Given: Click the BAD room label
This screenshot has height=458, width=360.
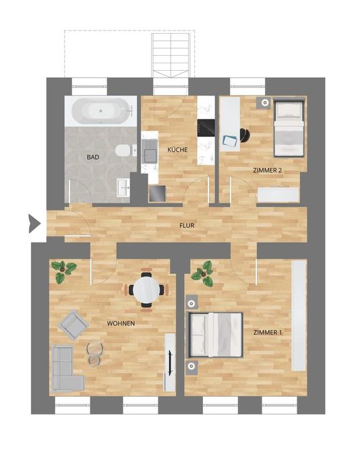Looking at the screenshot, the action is [93, 157].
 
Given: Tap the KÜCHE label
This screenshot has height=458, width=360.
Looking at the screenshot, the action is [177, 150].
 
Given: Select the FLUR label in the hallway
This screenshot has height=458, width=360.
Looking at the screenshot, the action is [187, 226].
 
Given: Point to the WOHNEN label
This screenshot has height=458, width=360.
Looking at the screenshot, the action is [121, 323].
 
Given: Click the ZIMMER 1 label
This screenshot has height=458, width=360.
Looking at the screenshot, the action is [268, 333].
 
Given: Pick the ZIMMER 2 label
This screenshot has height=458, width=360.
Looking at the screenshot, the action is [267, 170].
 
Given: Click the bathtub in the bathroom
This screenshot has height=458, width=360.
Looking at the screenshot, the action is [100, 111].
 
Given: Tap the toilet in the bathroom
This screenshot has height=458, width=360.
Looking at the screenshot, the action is [123, 150].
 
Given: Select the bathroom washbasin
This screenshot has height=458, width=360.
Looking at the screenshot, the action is [123, 187].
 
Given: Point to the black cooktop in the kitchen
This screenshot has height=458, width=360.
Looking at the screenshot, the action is [206, 128].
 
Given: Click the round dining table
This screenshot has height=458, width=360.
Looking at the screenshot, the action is [147, 290].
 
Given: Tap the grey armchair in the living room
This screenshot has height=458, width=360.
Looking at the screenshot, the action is [73, 325].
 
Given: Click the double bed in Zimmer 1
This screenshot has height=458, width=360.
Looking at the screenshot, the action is [216, 335].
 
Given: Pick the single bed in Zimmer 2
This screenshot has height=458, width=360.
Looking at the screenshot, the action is [289, 128].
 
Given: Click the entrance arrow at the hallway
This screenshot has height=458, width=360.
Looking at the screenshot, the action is [34, 224].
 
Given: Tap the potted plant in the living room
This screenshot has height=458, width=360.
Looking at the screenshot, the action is [63, 271].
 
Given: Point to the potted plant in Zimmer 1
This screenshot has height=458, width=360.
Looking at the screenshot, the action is [203, 273].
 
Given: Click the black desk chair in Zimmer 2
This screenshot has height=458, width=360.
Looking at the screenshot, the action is [245, 135].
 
